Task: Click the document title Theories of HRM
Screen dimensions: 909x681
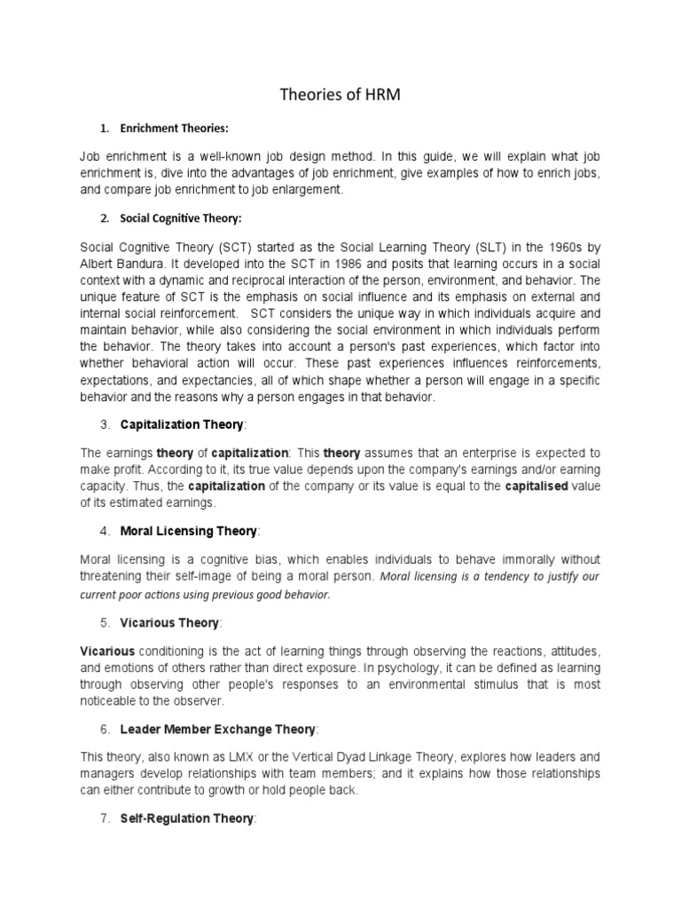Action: [340, 95]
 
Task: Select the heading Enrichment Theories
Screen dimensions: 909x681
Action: [181, 127]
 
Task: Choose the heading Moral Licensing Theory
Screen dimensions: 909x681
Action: [189, 531]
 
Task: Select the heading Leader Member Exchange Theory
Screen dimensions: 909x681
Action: [218, 729]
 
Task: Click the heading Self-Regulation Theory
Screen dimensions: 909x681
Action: [187, 819]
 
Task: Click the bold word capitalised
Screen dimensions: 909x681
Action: [535, 486]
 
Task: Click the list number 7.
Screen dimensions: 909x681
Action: [105, 819]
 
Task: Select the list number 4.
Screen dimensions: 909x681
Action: [105, 531]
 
